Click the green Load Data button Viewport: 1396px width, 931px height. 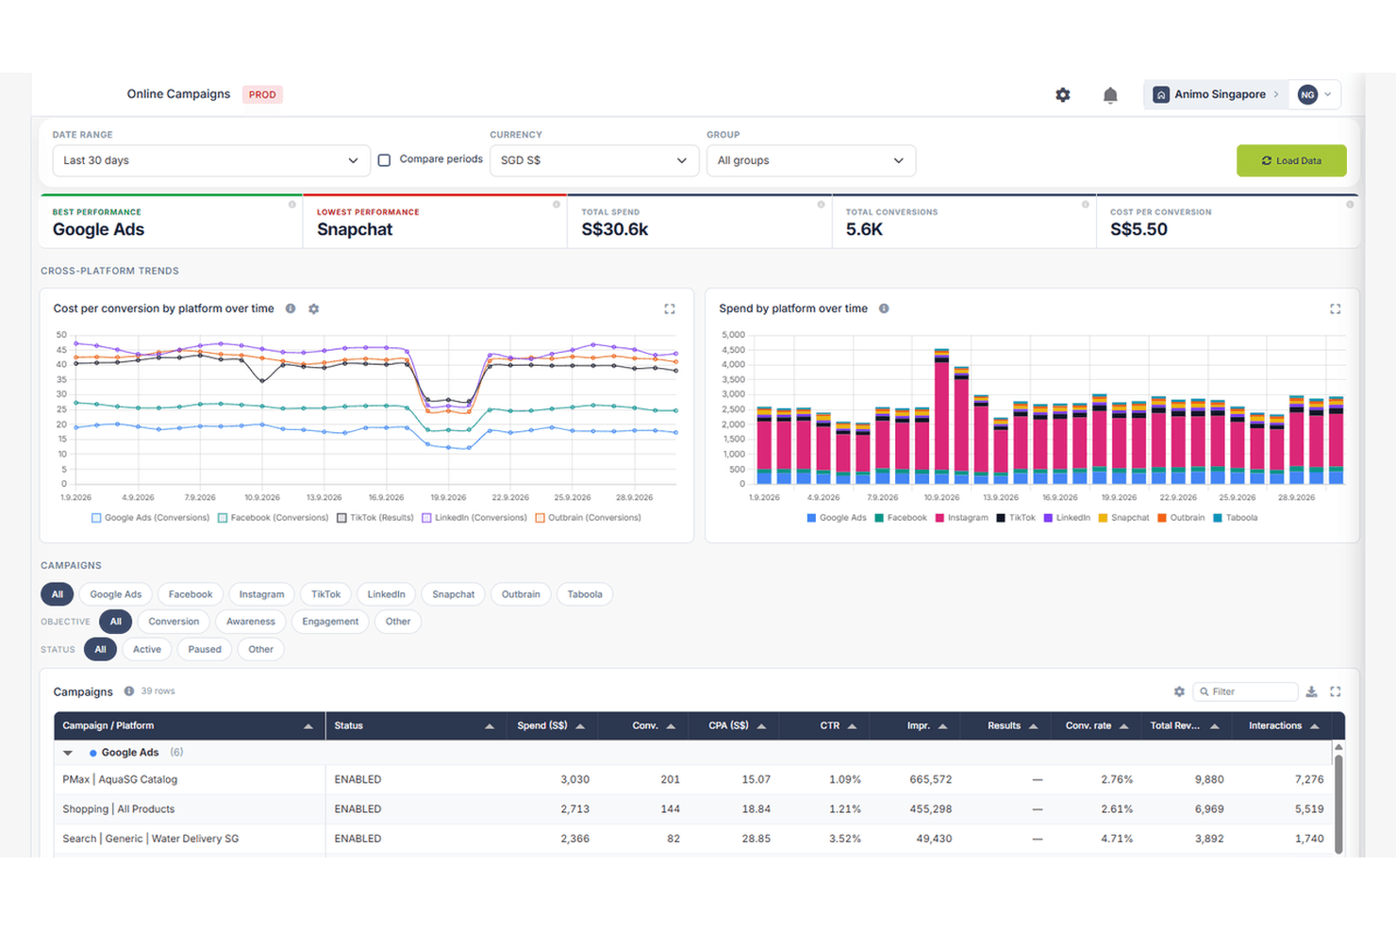point(1291,160)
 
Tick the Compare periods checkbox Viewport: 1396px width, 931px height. point(385,160)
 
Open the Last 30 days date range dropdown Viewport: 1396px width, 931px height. point(211,160)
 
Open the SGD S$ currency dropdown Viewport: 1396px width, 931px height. point(594,160)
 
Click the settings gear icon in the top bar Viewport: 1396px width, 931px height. point(1063,94)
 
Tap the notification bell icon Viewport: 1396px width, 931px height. point(1110,95)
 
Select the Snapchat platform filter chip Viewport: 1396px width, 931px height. point(453,594)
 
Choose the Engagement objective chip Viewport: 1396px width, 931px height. point(330,622)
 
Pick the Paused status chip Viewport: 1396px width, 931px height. point(205,649)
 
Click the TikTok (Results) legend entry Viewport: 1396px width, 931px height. point(375,518)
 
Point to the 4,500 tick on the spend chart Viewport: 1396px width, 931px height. point(733,350)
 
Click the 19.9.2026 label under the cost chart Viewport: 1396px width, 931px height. point(448,497)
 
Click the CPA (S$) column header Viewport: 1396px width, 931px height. point(728,725)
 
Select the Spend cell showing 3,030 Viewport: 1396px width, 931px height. point(574,779)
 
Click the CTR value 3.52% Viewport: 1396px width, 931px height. point(844,839)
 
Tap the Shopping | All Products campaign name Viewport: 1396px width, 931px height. point(119,809)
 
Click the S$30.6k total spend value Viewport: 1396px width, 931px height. point(614,229)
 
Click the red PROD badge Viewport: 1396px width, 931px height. point(262,94)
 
